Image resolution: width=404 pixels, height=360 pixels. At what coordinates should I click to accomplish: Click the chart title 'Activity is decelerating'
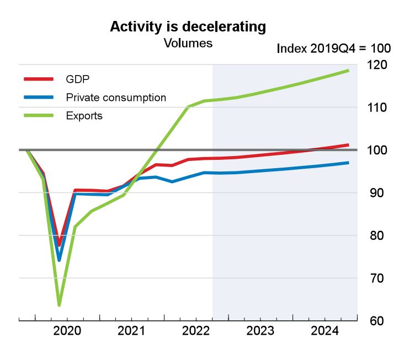(x=188, y=26)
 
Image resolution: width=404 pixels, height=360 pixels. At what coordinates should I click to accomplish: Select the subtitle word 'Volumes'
(x=188, y=43)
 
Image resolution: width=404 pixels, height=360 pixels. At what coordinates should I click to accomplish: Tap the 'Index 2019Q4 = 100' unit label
(x=333, y=49)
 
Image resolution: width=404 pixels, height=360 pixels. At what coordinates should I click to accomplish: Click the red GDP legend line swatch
(x=39, y=79)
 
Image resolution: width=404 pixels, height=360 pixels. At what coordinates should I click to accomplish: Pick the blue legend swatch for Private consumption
(x=39, y=98)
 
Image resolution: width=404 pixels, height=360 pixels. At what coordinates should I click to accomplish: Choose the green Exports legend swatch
(x=39, y=116)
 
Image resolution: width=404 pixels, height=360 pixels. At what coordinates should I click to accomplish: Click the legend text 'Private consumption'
(x=116, y=98)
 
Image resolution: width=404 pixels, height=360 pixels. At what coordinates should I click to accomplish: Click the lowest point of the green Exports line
(x=59, y=304)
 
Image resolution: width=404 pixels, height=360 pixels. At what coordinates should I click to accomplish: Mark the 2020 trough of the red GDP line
(x=60, y=245)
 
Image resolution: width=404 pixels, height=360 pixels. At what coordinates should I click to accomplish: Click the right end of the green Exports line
(x=348, y=71)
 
